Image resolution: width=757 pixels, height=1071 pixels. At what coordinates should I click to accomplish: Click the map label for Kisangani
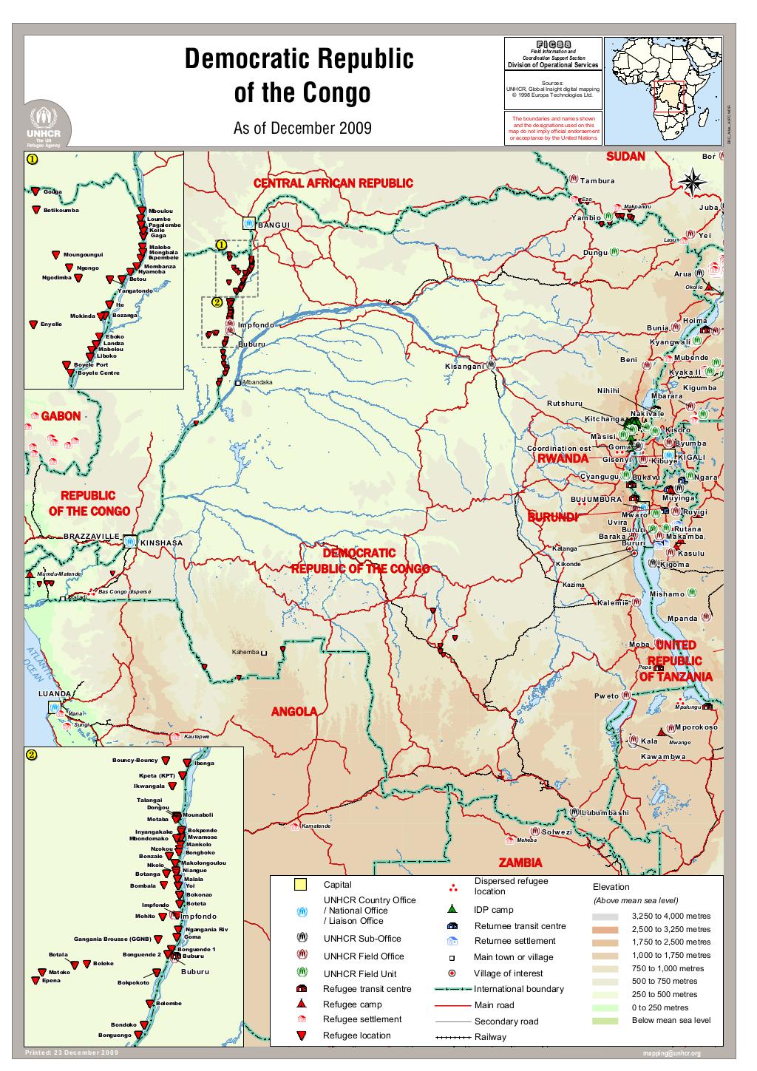(464, 367)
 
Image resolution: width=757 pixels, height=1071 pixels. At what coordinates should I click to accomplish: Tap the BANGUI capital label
(274, 225)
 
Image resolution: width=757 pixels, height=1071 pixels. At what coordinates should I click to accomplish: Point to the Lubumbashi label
(605, 812)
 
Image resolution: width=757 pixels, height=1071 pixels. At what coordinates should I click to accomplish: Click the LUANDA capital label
(55, 694)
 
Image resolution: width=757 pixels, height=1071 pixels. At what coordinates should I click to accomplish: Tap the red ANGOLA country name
(293, 712)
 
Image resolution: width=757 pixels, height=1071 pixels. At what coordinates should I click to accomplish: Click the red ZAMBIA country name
(520, 862)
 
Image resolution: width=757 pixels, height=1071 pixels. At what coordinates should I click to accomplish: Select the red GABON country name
(61, 416)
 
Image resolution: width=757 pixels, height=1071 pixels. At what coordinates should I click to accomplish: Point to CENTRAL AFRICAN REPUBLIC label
(333, 183)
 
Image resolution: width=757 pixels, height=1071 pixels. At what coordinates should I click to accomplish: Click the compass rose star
(693, 183)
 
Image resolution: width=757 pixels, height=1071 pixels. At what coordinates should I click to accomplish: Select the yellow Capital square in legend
(300, 885)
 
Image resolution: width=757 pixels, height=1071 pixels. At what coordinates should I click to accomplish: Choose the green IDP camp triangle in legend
(452, 909)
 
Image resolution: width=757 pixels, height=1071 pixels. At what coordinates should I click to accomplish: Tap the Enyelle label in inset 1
(51, 324)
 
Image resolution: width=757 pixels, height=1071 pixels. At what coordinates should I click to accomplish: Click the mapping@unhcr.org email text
(672, 1053)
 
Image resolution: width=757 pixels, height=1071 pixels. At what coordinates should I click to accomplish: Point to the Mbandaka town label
(257, 382)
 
